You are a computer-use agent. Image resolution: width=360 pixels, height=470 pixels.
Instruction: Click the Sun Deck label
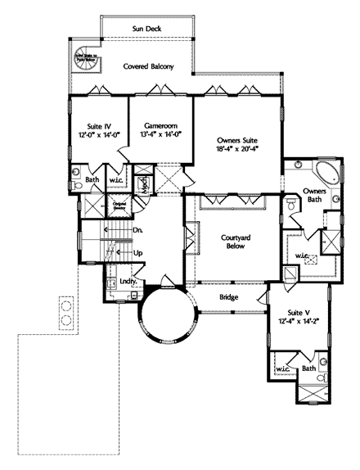coord(146,29)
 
